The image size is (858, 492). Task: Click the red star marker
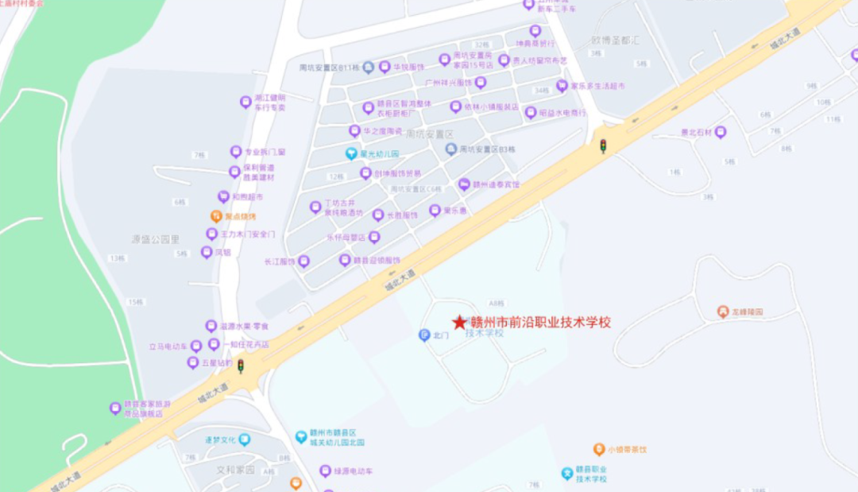(459, 322)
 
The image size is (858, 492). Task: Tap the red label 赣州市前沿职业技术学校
(541, 322)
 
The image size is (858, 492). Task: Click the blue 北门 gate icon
(424, 335)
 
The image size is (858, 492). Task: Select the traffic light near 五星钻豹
(241, 366)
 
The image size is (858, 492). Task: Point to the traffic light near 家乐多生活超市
(603, 146)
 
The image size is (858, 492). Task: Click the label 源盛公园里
(156, 238)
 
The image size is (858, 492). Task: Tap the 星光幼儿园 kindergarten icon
(350, 153)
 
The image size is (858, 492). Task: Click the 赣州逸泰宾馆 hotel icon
(464, 184)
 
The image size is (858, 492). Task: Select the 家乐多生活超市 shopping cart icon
(562, 86)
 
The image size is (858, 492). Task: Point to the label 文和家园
(236, 470)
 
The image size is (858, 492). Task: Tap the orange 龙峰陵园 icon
(722, 312)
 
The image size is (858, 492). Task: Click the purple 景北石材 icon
(721, 133)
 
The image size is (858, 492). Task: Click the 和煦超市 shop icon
(223, 197)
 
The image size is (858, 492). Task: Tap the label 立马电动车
(168, 347)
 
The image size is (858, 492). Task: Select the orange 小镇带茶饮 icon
(599, 449)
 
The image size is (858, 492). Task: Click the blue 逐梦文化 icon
(244, 440)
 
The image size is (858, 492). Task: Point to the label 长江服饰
(280, 261)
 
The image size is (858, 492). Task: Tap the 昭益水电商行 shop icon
(531, 113)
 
